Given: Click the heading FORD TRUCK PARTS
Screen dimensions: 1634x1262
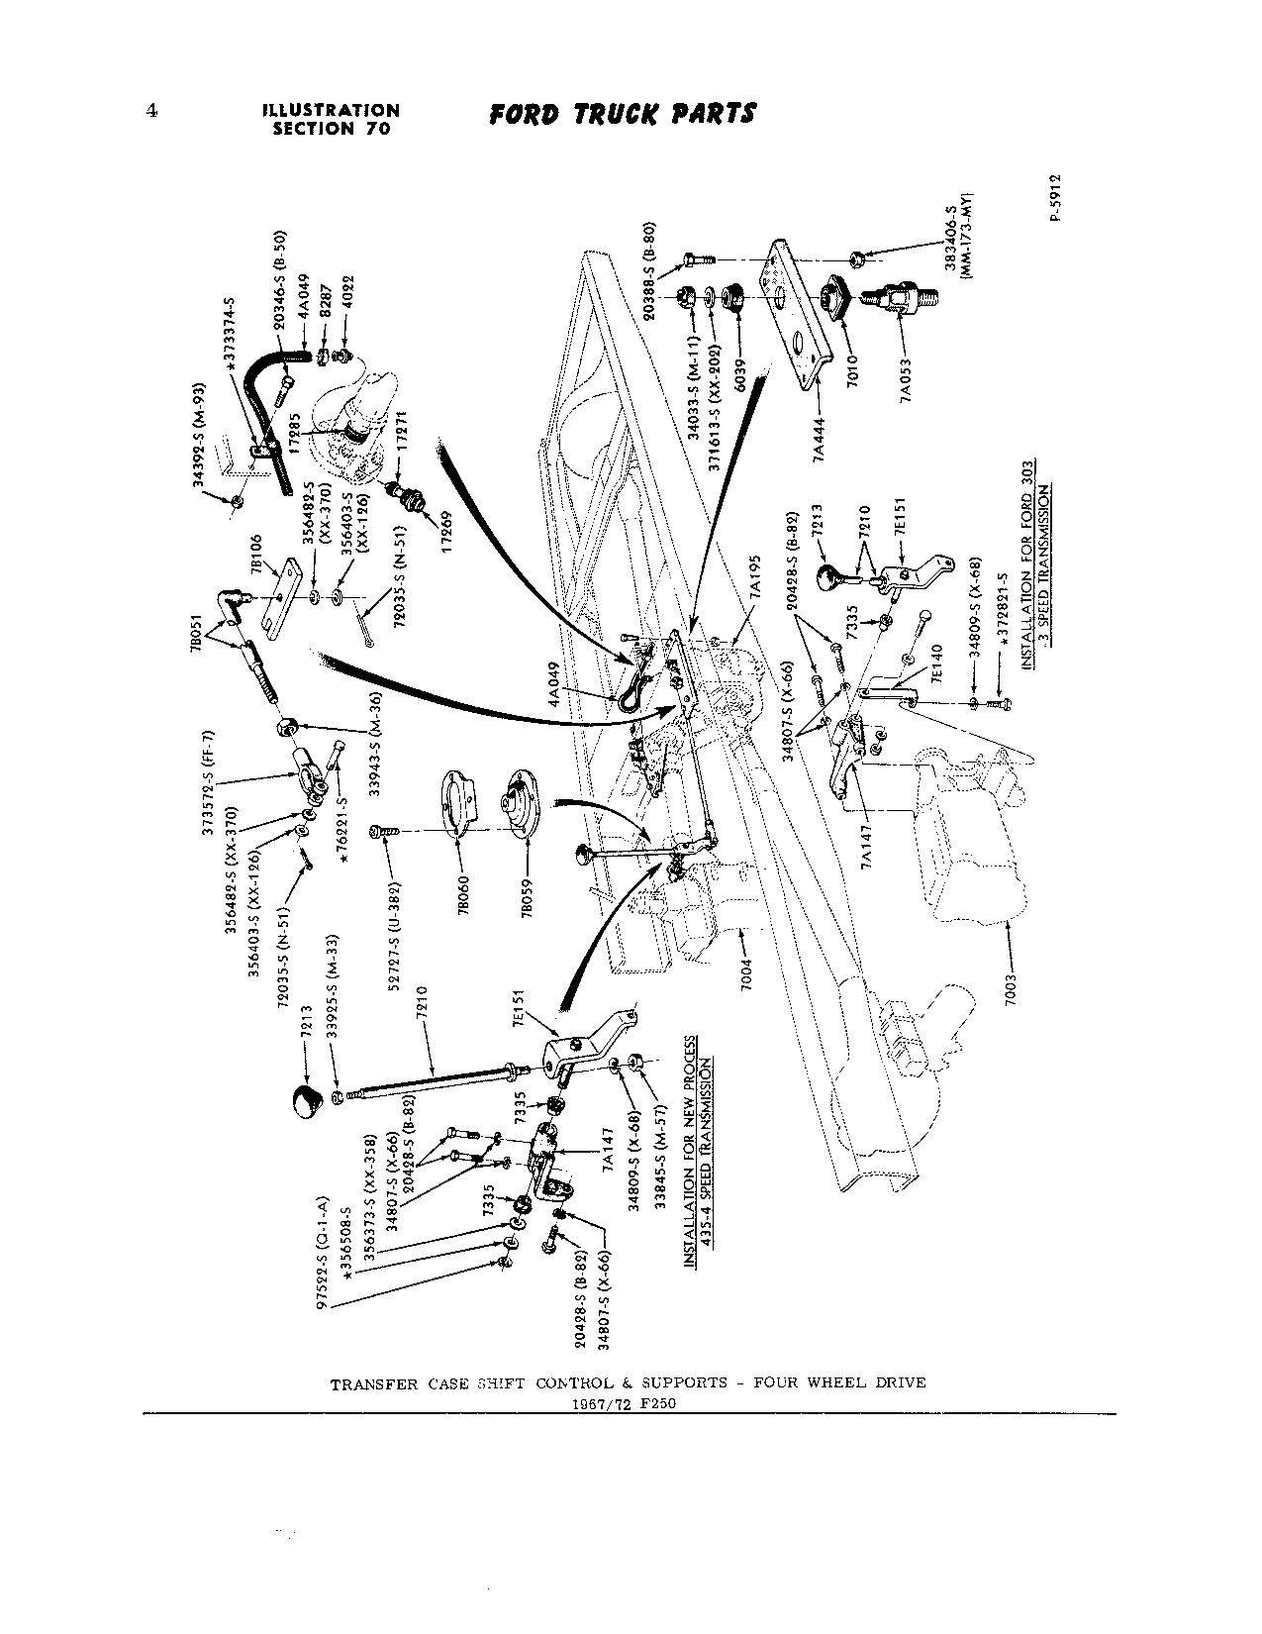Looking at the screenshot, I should (x=623, y=114).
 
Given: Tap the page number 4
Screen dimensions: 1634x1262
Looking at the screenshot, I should (x=151, y=111).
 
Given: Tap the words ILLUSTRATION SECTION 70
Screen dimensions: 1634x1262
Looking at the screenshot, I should (x=332, y=120).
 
